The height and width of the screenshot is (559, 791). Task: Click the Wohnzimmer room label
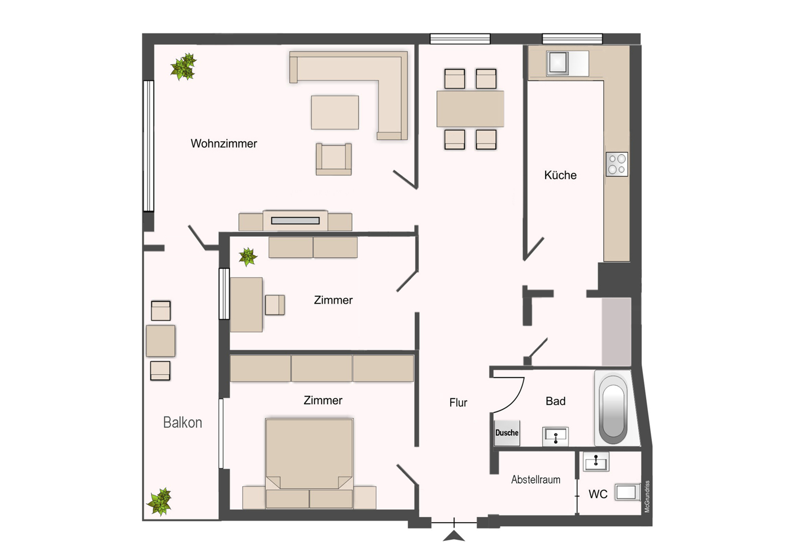pyautogui.click(x=224, y=144)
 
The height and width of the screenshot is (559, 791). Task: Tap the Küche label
pyautogui.click(x=560, y=175)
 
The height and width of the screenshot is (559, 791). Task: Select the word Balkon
pyautogui.click(x=182, y=422)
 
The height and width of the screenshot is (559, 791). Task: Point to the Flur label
pyautogui.click(x=458, y=402)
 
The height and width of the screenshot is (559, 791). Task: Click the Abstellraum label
pyautogui.click(x=535, y=480)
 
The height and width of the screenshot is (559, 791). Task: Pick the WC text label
pyautogui.click(x=598, y=495)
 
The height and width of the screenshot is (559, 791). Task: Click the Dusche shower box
pyautogui.click(x=507, y=433)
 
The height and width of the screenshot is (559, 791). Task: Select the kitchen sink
pyautogui.click(x=558, y=63)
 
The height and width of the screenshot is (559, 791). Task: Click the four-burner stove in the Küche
pyautogui.click(x=617, y=164)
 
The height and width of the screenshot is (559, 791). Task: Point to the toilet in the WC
pyautogui.click(x=627, y=492)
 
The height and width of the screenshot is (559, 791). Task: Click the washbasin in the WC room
pyautogui.click(x=596, y=462)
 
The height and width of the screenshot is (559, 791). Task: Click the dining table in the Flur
pyautogui.click(x=470, y=109)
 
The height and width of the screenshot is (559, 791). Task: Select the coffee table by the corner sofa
pyautogui.click(x=335, y=112)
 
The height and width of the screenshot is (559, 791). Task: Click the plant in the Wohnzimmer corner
pyautogui.click(x=183, y=67)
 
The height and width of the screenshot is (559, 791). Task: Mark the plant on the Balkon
pyautogui.click(x=160, y=501)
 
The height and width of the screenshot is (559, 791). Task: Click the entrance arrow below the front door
pyautogui.click(x=453, y=536)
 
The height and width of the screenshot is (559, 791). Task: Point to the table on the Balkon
pyautogui.click(x=161, y=341)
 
